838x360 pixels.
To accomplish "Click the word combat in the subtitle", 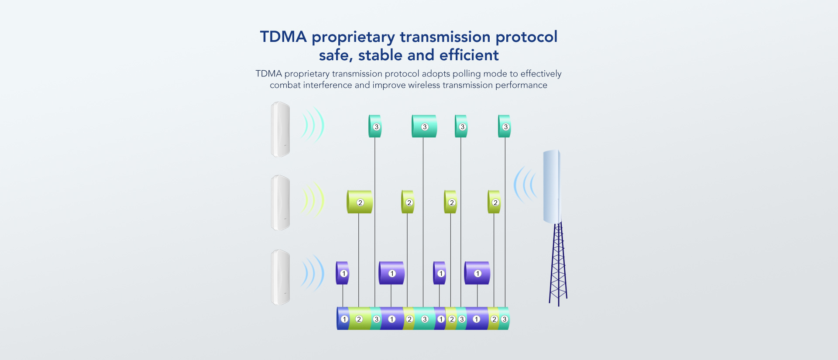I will pos(285,85).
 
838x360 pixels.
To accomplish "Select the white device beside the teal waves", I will pos(280,129).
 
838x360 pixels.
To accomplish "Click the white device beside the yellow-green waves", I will pos(280,202).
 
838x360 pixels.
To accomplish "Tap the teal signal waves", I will pos(313,125).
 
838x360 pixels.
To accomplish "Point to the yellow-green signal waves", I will pos(313,200).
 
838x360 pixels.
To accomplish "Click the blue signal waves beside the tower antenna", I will pos(525,184).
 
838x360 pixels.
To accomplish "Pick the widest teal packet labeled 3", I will pos(424,126).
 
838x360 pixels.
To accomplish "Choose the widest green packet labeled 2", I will pos(360,202).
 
